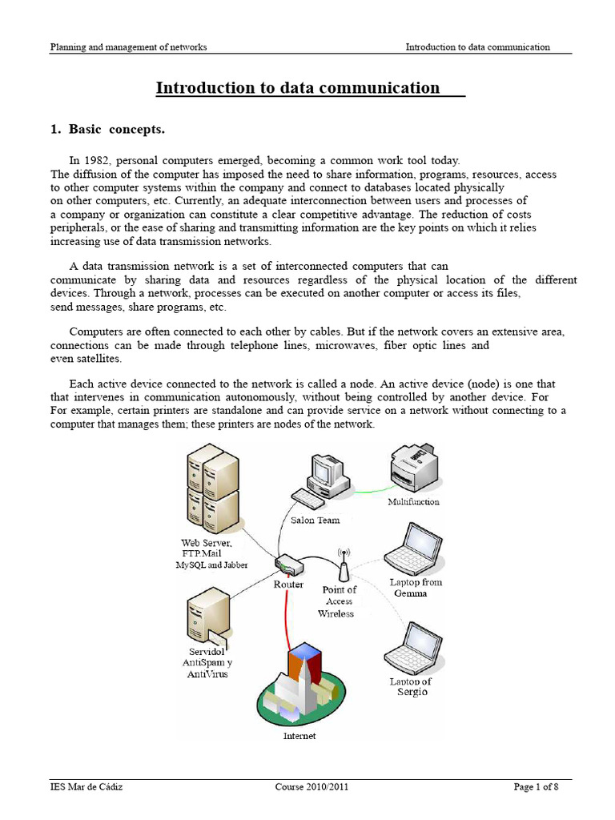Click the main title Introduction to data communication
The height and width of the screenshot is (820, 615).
click(298, 88)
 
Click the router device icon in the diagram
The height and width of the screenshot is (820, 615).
click(288, 566)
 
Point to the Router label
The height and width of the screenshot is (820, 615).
click(288, 585)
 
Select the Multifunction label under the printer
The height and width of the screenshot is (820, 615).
click(413, 502)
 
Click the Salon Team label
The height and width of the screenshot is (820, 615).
click(315, 521)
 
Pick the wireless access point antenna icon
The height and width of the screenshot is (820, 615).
click(344, 565)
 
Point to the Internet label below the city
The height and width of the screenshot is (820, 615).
click(299, 736)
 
